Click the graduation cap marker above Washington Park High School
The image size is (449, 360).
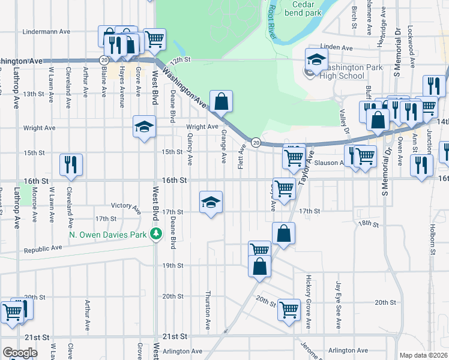click(x=316, y=59)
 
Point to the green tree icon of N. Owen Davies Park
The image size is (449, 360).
click(x=156, y=234)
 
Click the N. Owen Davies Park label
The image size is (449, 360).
click(x=108, y=235)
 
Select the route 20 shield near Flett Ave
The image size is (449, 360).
click(x=256, y=142)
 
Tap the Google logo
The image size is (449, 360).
click(x=20, y=353)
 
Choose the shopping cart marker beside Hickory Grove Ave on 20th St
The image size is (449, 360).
click(x=289, y=310)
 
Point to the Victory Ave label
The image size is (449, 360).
click(x=125, y=206)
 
